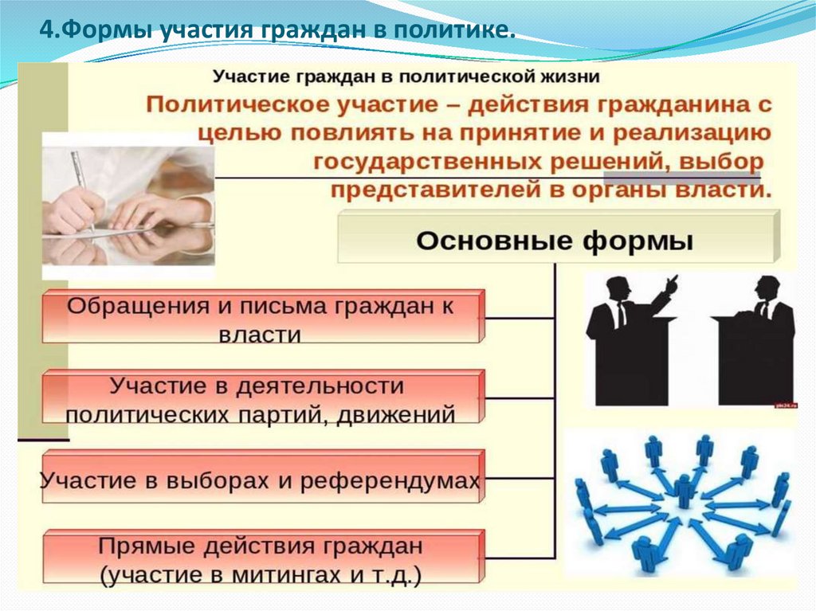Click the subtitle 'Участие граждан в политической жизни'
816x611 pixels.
click(x=406, y=76)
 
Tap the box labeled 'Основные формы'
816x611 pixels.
click(x=555, y=238)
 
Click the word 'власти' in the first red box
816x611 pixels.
click(x=261, y=334)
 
